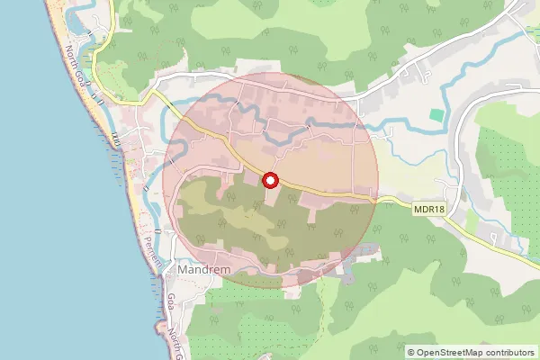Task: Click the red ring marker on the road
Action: tap(271, 180)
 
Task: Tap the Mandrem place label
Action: tap(205, 269)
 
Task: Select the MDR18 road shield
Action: tap(430, 209)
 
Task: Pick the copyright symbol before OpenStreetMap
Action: tap(411, 353)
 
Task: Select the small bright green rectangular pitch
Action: tap(436, 116)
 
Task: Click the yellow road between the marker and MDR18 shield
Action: tap(351, 196)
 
